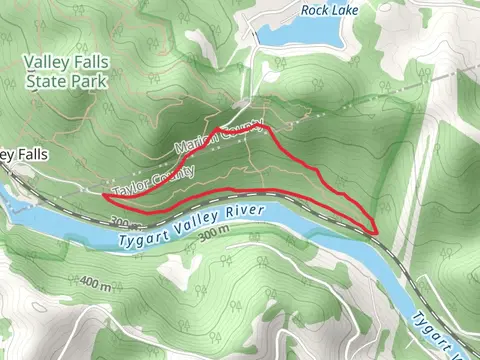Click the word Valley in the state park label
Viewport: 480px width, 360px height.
[x=44, y=61]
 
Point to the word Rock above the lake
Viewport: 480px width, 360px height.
[x=318, y=11]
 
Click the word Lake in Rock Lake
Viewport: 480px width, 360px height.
[x=351, y=11]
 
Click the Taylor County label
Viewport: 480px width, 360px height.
[x=153, y=179]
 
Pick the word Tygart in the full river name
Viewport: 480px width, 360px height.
[x=142, y=238]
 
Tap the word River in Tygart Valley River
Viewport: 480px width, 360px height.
[x=240, y=213]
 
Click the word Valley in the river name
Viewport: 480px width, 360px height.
[x=192, y=225]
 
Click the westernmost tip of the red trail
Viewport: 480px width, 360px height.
[x=104, y=196]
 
